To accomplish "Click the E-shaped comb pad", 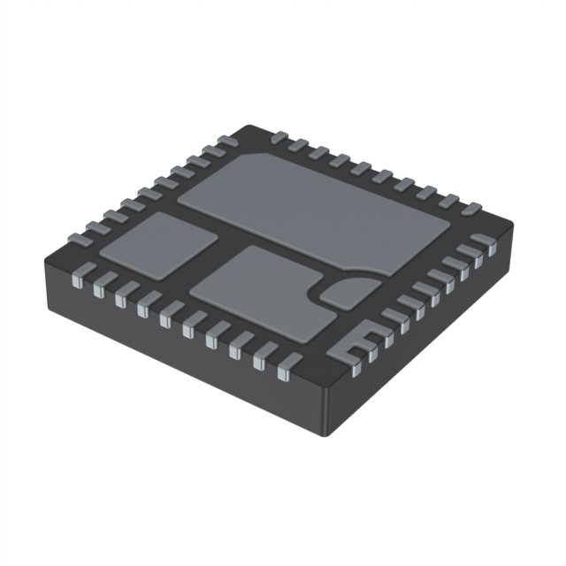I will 352,346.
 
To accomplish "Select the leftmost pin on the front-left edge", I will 77,276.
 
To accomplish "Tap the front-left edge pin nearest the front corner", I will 285,366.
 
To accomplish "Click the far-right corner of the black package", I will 516,230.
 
